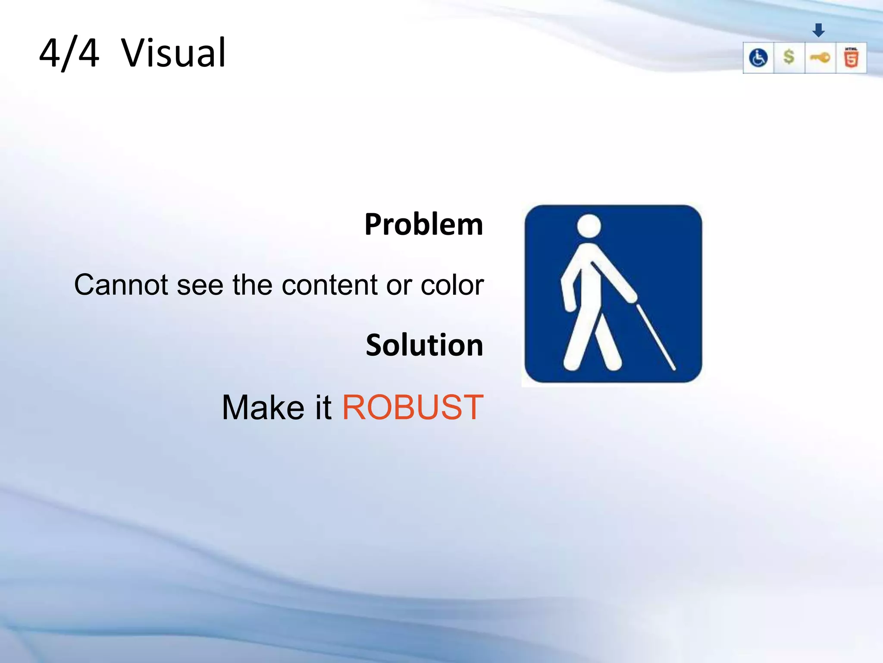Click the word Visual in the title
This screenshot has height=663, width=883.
[x=173, y=54]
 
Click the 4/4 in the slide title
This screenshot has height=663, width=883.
[x=69, y=54]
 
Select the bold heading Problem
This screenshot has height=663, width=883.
[x=423, y=224]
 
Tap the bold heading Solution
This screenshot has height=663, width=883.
[x=424, y=345]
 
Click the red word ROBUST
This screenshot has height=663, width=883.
[x=413, y=407]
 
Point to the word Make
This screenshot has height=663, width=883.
[x=263, y=407]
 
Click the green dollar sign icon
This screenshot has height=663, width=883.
[x=789, y=57]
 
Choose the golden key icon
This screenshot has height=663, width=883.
[x=820, y=57]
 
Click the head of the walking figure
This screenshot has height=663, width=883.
[x=589, y=226]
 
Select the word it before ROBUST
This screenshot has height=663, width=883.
[x=323, y=407]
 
